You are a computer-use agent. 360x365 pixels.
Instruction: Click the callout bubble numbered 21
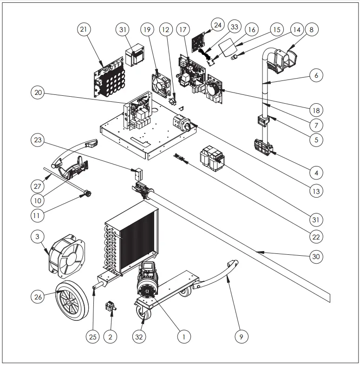point(84,30)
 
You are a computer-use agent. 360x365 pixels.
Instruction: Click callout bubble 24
point(218,24)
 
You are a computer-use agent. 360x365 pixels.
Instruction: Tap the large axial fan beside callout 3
point(67,255)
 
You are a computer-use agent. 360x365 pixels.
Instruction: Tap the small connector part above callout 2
point(111,306)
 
